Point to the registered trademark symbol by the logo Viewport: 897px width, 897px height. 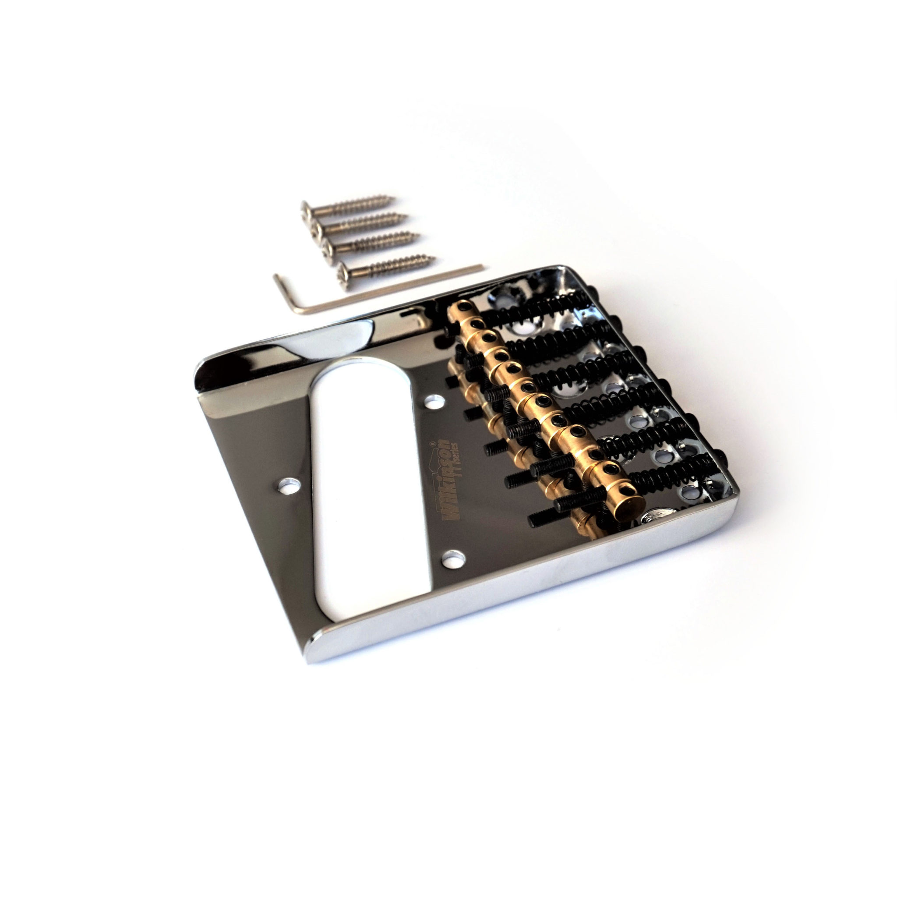tap(432, 443)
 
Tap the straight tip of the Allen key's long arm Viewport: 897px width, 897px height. tap(482, 266)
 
